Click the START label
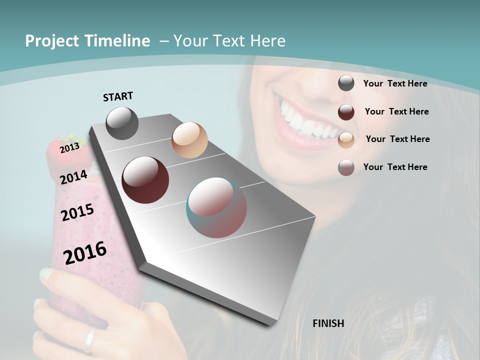point(118,96)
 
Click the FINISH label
point(328,323)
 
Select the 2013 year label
point(69,147)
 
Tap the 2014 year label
point(73,177)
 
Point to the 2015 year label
point(77,212)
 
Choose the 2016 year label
point(85,253)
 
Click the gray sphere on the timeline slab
point(122,123)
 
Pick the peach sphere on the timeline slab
point(189,140)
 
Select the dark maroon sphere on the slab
point(145,180)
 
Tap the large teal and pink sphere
point(216,207)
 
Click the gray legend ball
point(346,83)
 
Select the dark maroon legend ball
point(346,112)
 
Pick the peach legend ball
point(346,140)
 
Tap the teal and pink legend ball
point(346,167)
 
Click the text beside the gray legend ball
point(395,83)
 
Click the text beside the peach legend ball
point(397,139)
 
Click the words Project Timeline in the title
point(87,41)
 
